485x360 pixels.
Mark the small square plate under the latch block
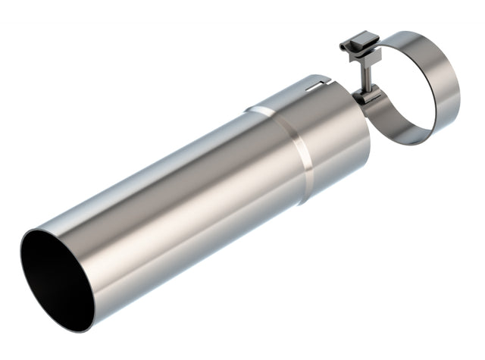click(x=363, y=59)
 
